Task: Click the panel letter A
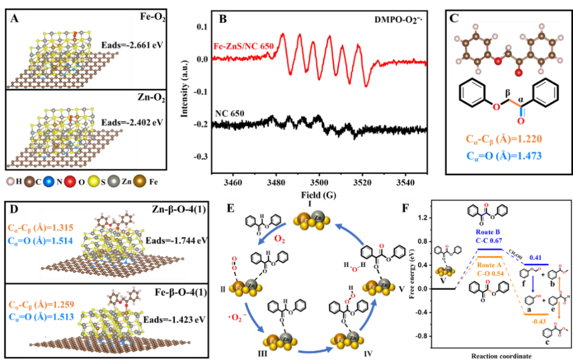[15, 18]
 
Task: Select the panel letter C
[454, 18]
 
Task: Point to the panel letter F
[405, 207]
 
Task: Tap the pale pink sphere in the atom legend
[11, 181]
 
